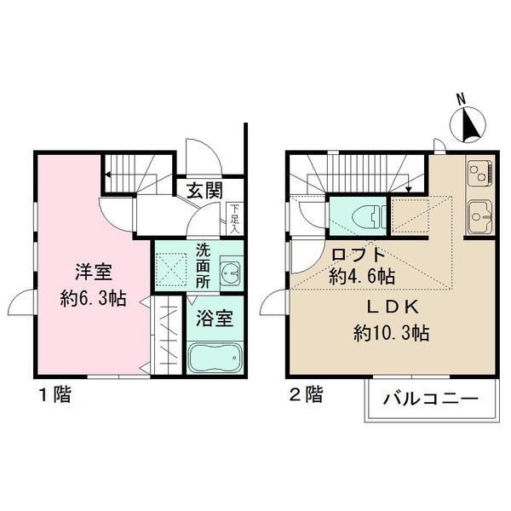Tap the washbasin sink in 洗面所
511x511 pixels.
pyautogui.click(x=229, y=273)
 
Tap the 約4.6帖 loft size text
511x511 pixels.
pyautogui.click(x=362, y=276)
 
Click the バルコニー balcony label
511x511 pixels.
pyautogui.click(x=426, y=398)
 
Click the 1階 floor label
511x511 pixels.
pyautogui.click(x=53, y=394)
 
